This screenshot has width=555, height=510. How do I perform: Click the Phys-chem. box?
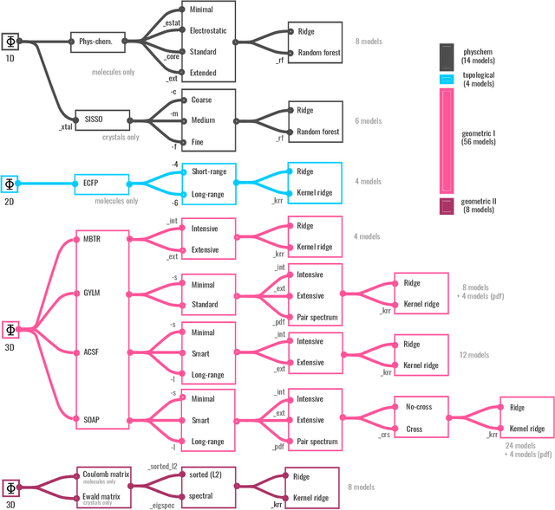(x=99, y=41)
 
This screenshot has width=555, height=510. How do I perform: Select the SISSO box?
(x=101, y=119)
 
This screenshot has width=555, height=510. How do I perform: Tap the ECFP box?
(x=101, y=183)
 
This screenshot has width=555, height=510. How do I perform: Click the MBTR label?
(x=92, y=238)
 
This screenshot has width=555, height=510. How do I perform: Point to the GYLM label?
(x=91, y=294)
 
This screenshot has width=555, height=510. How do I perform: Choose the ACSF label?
(x=91, y=353)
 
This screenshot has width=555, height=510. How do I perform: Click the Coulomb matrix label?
(x=105, y=474)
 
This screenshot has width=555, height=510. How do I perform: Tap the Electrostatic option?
(x=208, y=30)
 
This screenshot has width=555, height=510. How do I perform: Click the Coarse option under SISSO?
(x=201, y=100)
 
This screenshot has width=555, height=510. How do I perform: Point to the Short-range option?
(x=208, y=171)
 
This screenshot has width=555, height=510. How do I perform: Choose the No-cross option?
(x=419, y=407)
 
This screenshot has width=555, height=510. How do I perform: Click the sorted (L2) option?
(x=207, y=474)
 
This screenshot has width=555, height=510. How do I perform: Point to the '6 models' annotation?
(x=368, y=121)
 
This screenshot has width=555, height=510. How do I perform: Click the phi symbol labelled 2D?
(x=10, y=184)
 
